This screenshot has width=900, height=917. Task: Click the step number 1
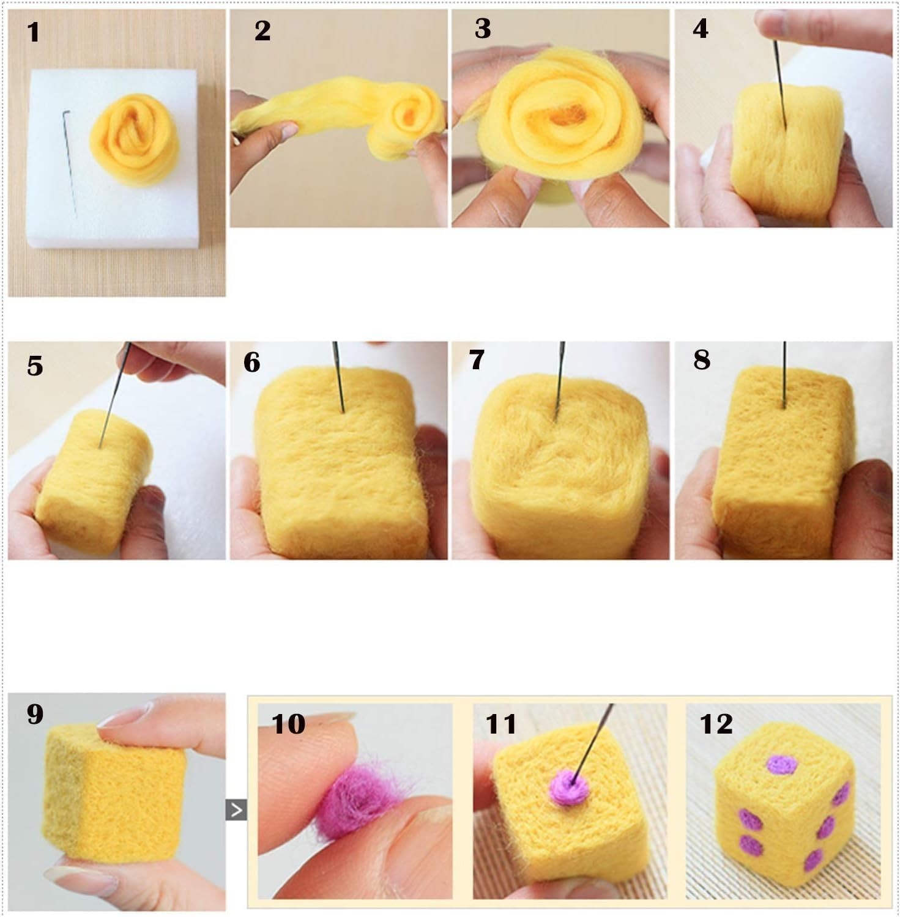tap(34, 32)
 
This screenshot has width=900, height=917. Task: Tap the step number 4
tap(701, 29)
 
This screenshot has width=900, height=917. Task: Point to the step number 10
tap(288, 724)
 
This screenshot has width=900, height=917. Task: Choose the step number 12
tap(716, 724)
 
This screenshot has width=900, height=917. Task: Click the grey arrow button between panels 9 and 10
tap(236, 810)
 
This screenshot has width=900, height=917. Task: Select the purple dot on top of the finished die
tap(783, 765)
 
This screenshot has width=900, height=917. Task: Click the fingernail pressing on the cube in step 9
tap(125, 715)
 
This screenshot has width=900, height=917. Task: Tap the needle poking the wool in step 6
tap(338, 377)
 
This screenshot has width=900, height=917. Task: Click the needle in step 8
tap(784, 374)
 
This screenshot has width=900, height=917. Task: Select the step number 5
tap(35, 366)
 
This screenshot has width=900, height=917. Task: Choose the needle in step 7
tap(559, 381)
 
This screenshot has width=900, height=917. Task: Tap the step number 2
tap(262, 31)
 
